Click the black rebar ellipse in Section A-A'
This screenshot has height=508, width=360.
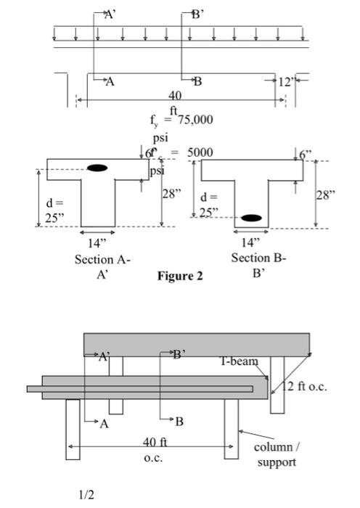click(x=97, y=168)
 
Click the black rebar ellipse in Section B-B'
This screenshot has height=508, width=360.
click(x=252, y=218)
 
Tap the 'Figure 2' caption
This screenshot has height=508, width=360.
click(x=180, y=276)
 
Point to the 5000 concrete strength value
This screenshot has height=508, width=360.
click(x=199, y=153)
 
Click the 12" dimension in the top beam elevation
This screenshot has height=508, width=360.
click(x=285, y=81)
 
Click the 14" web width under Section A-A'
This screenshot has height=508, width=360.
click(x=97, y=242)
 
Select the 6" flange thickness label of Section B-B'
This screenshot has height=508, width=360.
click(x=306, y=154)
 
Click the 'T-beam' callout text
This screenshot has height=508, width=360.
click(x=240, y=361)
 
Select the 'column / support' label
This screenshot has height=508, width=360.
click(x=276, y=454)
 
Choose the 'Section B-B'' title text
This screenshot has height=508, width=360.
click(x=258, y=264)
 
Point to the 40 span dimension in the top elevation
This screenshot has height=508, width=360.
click(x=175, y=96)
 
